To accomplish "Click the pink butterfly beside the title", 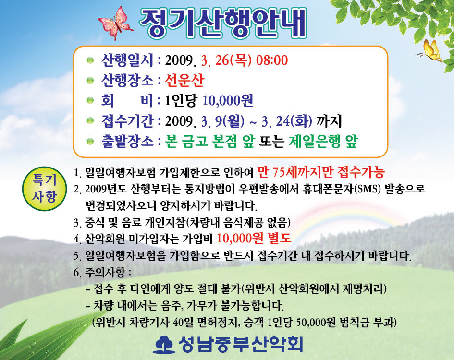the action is pyautogui.click(x=115, y=23).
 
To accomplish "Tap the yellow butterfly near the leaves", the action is pyautogui.click(x=430, y=51).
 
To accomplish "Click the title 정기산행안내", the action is pyautogui.click(x=223, y=23).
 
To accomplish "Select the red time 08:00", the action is pyautogui.click(x=272, y=60).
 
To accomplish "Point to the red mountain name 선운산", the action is pyautogui.click(x=184, y=80).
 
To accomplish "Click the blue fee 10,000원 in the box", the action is pyautogui.click(x=228, y=100).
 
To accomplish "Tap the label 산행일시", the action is pyautogui.click(x=127, y=60).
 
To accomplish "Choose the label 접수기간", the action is pyautogui.click(x=127, y=120).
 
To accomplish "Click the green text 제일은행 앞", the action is pyautogui.click(x=323, y=141).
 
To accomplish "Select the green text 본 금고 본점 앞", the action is pyautogui.click(x=210, y=141).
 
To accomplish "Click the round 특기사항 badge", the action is pyautogui.click(x=44, y=189).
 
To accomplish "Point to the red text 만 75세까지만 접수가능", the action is pyautogui.click(x=321, y=172).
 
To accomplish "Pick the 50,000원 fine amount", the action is pyautogui.click(x=316, y=322).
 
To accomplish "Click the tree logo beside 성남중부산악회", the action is pyautogui.click(x=164, y=344).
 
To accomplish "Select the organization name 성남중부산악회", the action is pyautogui.click(x=241, y=344).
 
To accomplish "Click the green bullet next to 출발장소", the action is pyautogui.click(x=90, y=141).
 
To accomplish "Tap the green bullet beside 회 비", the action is pyautogui.click(x=90, y=100).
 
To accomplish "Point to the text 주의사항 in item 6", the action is pyautogui.click(x=105, y=272).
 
